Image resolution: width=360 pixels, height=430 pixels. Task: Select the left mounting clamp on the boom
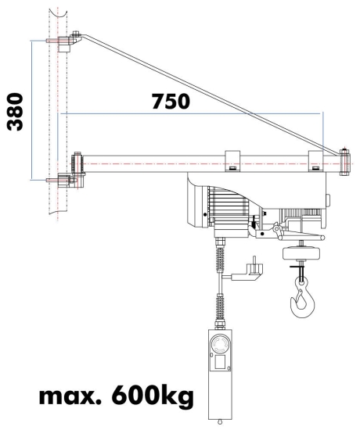pyautogui.click(x=232, y=159)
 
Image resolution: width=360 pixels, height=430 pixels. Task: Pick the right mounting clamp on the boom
pyautogui.click(x=316, y=159)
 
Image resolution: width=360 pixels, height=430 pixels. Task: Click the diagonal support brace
pyautogui.click(x=211, y=91)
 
